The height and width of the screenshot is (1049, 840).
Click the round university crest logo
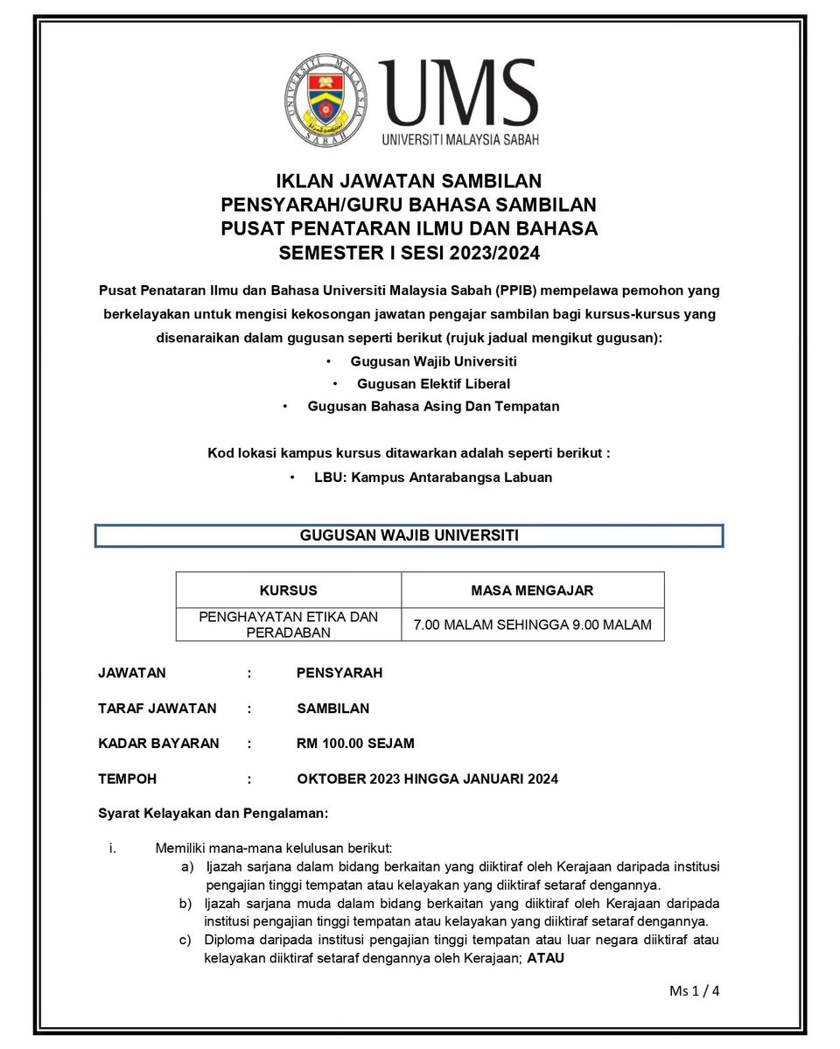pyautogui.click(x=326, y=99)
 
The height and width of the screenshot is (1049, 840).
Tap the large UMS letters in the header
pyautogui.click(x=458, y=94)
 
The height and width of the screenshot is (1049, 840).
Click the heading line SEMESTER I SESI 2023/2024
pyautogui.click(x=409, y=254)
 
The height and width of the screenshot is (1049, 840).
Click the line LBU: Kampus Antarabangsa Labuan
pyautogui.click(x=433, y=478)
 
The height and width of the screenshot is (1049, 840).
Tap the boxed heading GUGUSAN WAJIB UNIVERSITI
pyautogui.click(x=409, y=535)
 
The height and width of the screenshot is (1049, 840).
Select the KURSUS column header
pyautogui.click(x=289, y=591)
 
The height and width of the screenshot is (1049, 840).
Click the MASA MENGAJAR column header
pyautogui.click(x=532, y=591)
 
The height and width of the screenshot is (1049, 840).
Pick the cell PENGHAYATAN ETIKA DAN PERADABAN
pyautogui.click(x=289, y=625)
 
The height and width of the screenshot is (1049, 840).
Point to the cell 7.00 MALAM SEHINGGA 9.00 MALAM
pyautogui.click(x=532, y=625)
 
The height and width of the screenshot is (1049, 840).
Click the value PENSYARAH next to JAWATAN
pyautogui.click(x=339, y=673)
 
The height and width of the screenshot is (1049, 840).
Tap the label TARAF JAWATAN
pyautogui.click(x=157, y=708)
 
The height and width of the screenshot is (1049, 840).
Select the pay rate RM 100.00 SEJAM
pyautogui.click(x=355, y=744)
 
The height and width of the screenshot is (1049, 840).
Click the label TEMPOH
pyautogui.click(x=128, y=779)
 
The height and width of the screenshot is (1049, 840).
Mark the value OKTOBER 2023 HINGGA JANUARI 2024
pyautogui.click(x=427, y=779)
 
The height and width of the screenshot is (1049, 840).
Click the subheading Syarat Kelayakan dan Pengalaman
pyautogui.click(x=213, y=814)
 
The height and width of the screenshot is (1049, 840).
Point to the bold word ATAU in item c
pyautogui.click(x=545, y=957)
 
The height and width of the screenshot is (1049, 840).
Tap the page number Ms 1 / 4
pyautogui.click(x=694, y=991)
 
